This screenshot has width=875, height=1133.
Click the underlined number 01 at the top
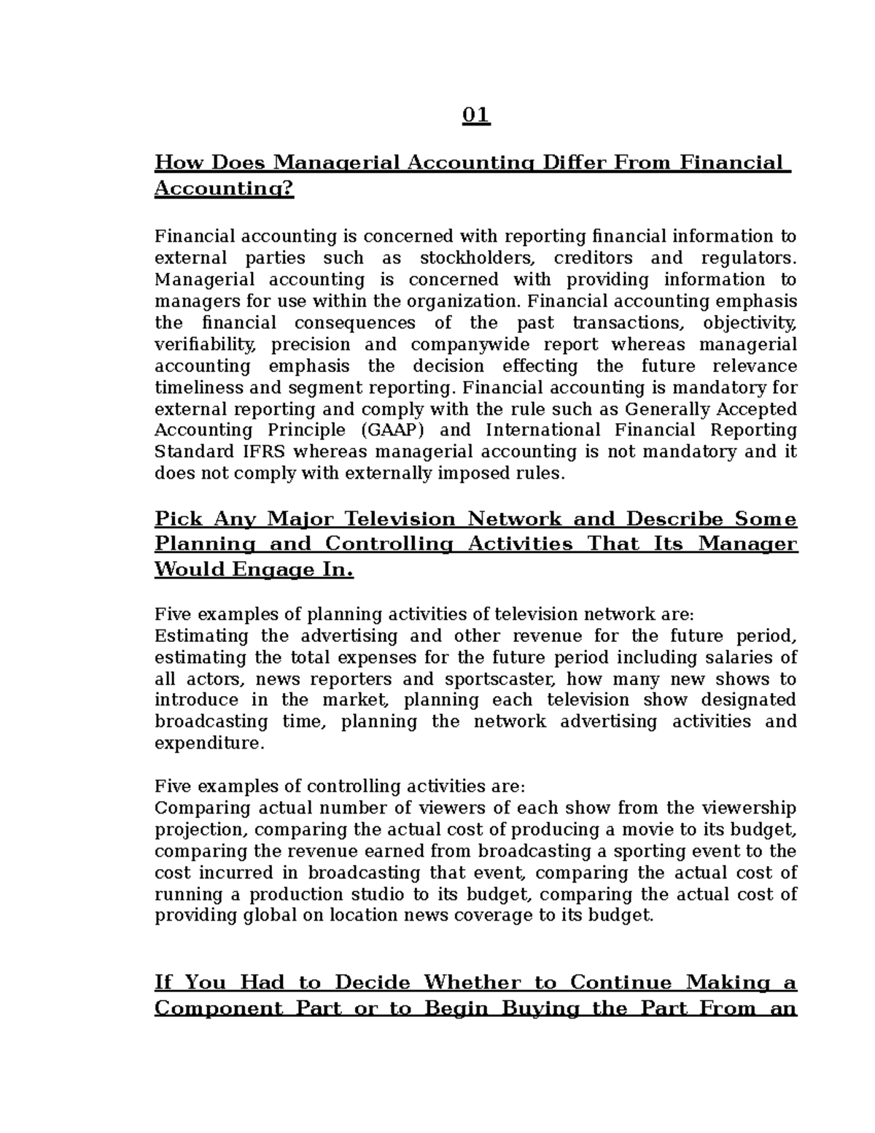click(x=476, y=116)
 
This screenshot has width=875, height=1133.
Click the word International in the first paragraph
click(x=543, y=430)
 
